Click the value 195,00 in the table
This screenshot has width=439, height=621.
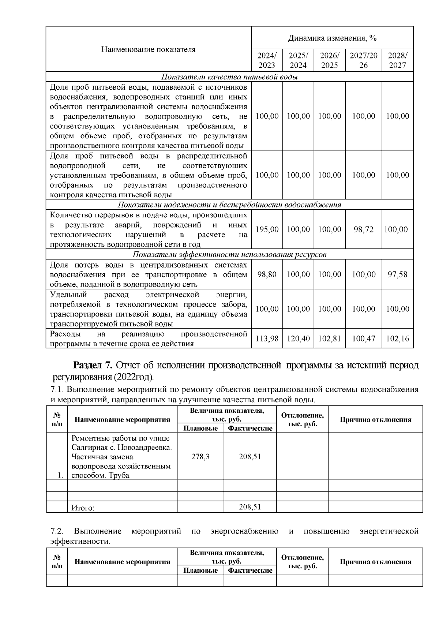267,229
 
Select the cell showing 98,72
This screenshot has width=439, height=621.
363,229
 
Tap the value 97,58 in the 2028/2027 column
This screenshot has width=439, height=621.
397,274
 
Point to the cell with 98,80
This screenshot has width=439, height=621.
267,274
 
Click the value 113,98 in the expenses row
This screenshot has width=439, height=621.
267,339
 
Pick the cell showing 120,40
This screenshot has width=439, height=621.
298,339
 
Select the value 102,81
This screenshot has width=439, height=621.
329,339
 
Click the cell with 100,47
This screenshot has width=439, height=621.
363,339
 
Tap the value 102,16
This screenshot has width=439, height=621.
397,339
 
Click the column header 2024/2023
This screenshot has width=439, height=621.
267,60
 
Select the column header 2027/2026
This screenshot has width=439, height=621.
363,60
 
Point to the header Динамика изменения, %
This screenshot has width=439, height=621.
332,38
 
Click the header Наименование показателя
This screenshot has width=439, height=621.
148,49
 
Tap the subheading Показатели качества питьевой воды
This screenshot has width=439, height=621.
229,77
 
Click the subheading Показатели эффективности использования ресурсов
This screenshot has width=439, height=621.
229,255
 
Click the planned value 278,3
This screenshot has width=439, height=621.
200,456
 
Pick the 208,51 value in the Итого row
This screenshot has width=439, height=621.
250,507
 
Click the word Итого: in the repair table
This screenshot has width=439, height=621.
83,508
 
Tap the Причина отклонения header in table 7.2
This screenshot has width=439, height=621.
375,562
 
